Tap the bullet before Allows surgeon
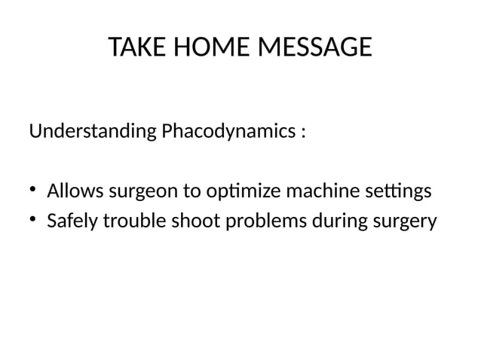[34, 191]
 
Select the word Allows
[75, 191]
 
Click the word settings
[400, 192]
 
